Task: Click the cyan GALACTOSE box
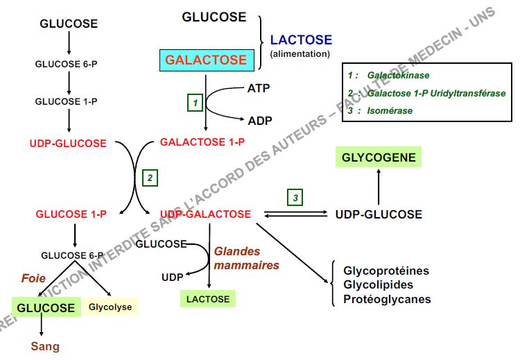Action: (x=205, y=60)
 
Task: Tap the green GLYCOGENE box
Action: (x=378, y=157)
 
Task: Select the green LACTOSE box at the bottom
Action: (x=208, y=299)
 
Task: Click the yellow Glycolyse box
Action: (x=110, y=306)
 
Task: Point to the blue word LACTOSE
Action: (x=301, y=40)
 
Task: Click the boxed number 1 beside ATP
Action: (x=196, y=103)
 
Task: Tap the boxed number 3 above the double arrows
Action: (x=295, y=198)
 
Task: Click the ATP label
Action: (x=259, y=88)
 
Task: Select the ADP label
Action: (x=260, y=120)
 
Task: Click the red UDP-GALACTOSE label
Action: (x=205, y=214)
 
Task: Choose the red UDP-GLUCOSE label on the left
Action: (x=68, y=144)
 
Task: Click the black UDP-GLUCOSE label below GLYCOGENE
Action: (x=378, y=214)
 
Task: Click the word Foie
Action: (x=33, y=278)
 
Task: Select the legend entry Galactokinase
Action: (x=398, y=74)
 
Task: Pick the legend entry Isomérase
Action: (x=390, y=110)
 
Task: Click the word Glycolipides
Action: (x=378, y=284)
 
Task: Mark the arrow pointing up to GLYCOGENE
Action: (x=378, y=186)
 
